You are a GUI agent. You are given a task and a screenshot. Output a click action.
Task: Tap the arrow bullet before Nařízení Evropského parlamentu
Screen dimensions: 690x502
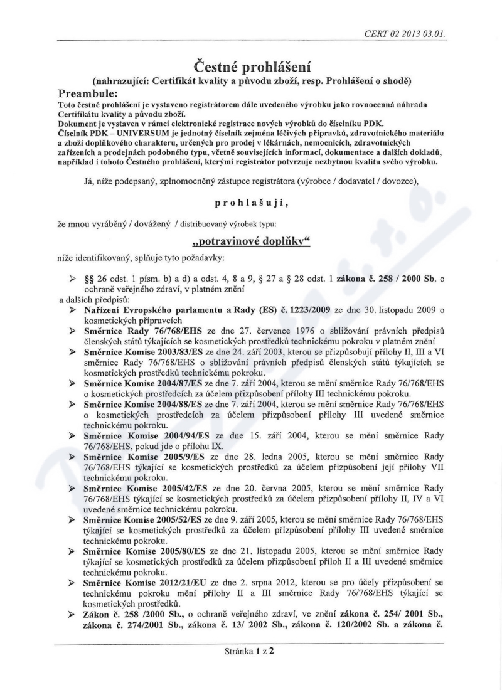[73, 310]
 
